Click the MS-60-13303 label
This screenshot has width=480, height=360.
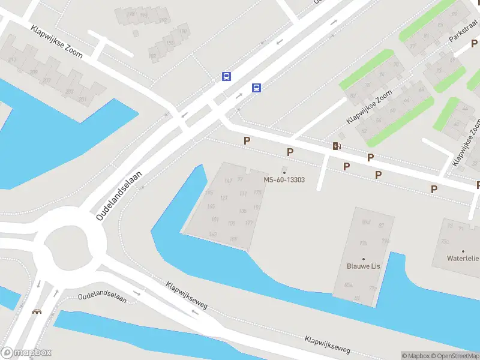tap(284, 180)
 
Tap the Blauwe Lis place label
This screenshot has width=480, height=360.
tap(363, 266)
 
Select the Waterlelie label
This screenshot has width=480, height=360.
tap(463, 259)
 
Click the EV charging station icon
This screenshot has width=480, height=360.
tap(337, 146)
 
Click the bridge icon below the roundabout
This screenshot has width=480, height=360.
tap(38, 311)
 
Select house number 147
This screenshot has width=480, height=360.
tap(227, 181)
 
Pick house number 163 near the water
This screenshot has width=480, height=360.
tap(212, 233)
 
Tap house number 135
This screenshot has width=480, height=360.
tap(242, 211)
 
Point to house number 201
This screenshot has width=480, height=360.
tap(82, 99)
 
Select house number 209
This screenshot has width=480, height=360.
tap(34, 72)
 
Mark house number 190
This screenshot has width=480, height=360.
tap(183, 31)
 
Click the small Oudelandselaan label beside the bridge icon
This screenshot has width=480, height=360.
tap(102, 298)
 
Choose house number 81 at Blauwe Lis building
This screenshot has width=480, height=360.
tap(358, 298)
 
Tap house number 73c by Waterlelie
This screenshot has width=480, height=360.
tap(445, 242)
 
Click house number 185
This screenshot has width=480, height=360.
tap(170, 43)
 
